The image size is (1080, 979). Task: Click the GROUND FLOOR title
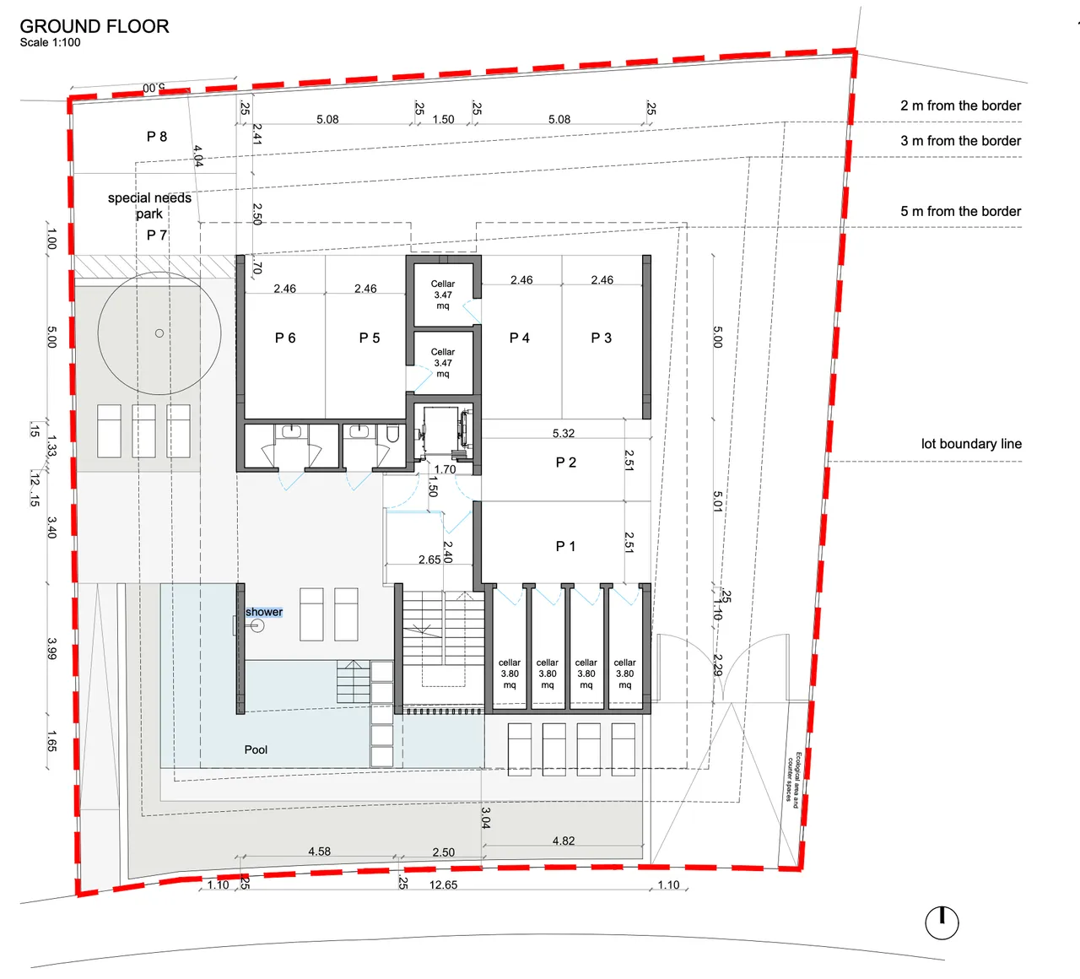click(x=94, y=26)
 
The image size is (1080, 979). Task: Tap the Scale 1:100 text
click(x=50, y=42)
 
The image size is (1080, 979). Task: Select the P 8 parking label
click(x=157, y=137)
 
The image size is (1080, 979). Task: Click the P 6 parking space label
click(x=285, y=338)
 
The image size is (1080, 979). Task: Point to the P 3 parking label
click(x=602, y=338)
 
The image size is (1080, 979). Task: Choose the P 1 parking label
click(x=566, y=546)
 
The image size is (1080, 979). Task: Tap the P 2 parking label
click(x=566, y=462)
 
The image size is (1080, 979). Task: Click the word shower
click(x=264, y=612)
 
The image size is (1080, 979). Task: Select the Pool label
click(x=256, y=749)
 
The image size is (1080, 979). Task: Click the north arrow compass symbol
click(x=942, y=923)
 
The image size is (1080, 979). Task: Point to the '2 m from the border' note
click(x=960, y=105)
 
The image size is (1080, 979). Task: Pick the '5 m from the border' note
click(x=960, y=211)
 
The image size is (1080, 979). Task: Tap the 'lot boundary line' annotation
click(x=971, y=444)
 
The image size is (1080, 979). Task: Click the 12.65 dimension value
click(x=443, y=884)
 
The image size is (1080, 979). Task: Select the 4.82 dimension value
click(x=564, y=841)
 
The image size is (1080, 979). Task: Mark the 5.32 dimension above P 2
click(x=564, y=433)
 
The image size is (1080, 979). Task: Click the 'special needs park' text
click(x=149, y=206)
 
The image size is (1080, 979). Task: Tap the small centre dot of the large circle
click(x=159, y=333)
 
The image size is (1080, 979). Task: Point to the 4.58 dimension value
click(x=319, y=852)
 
